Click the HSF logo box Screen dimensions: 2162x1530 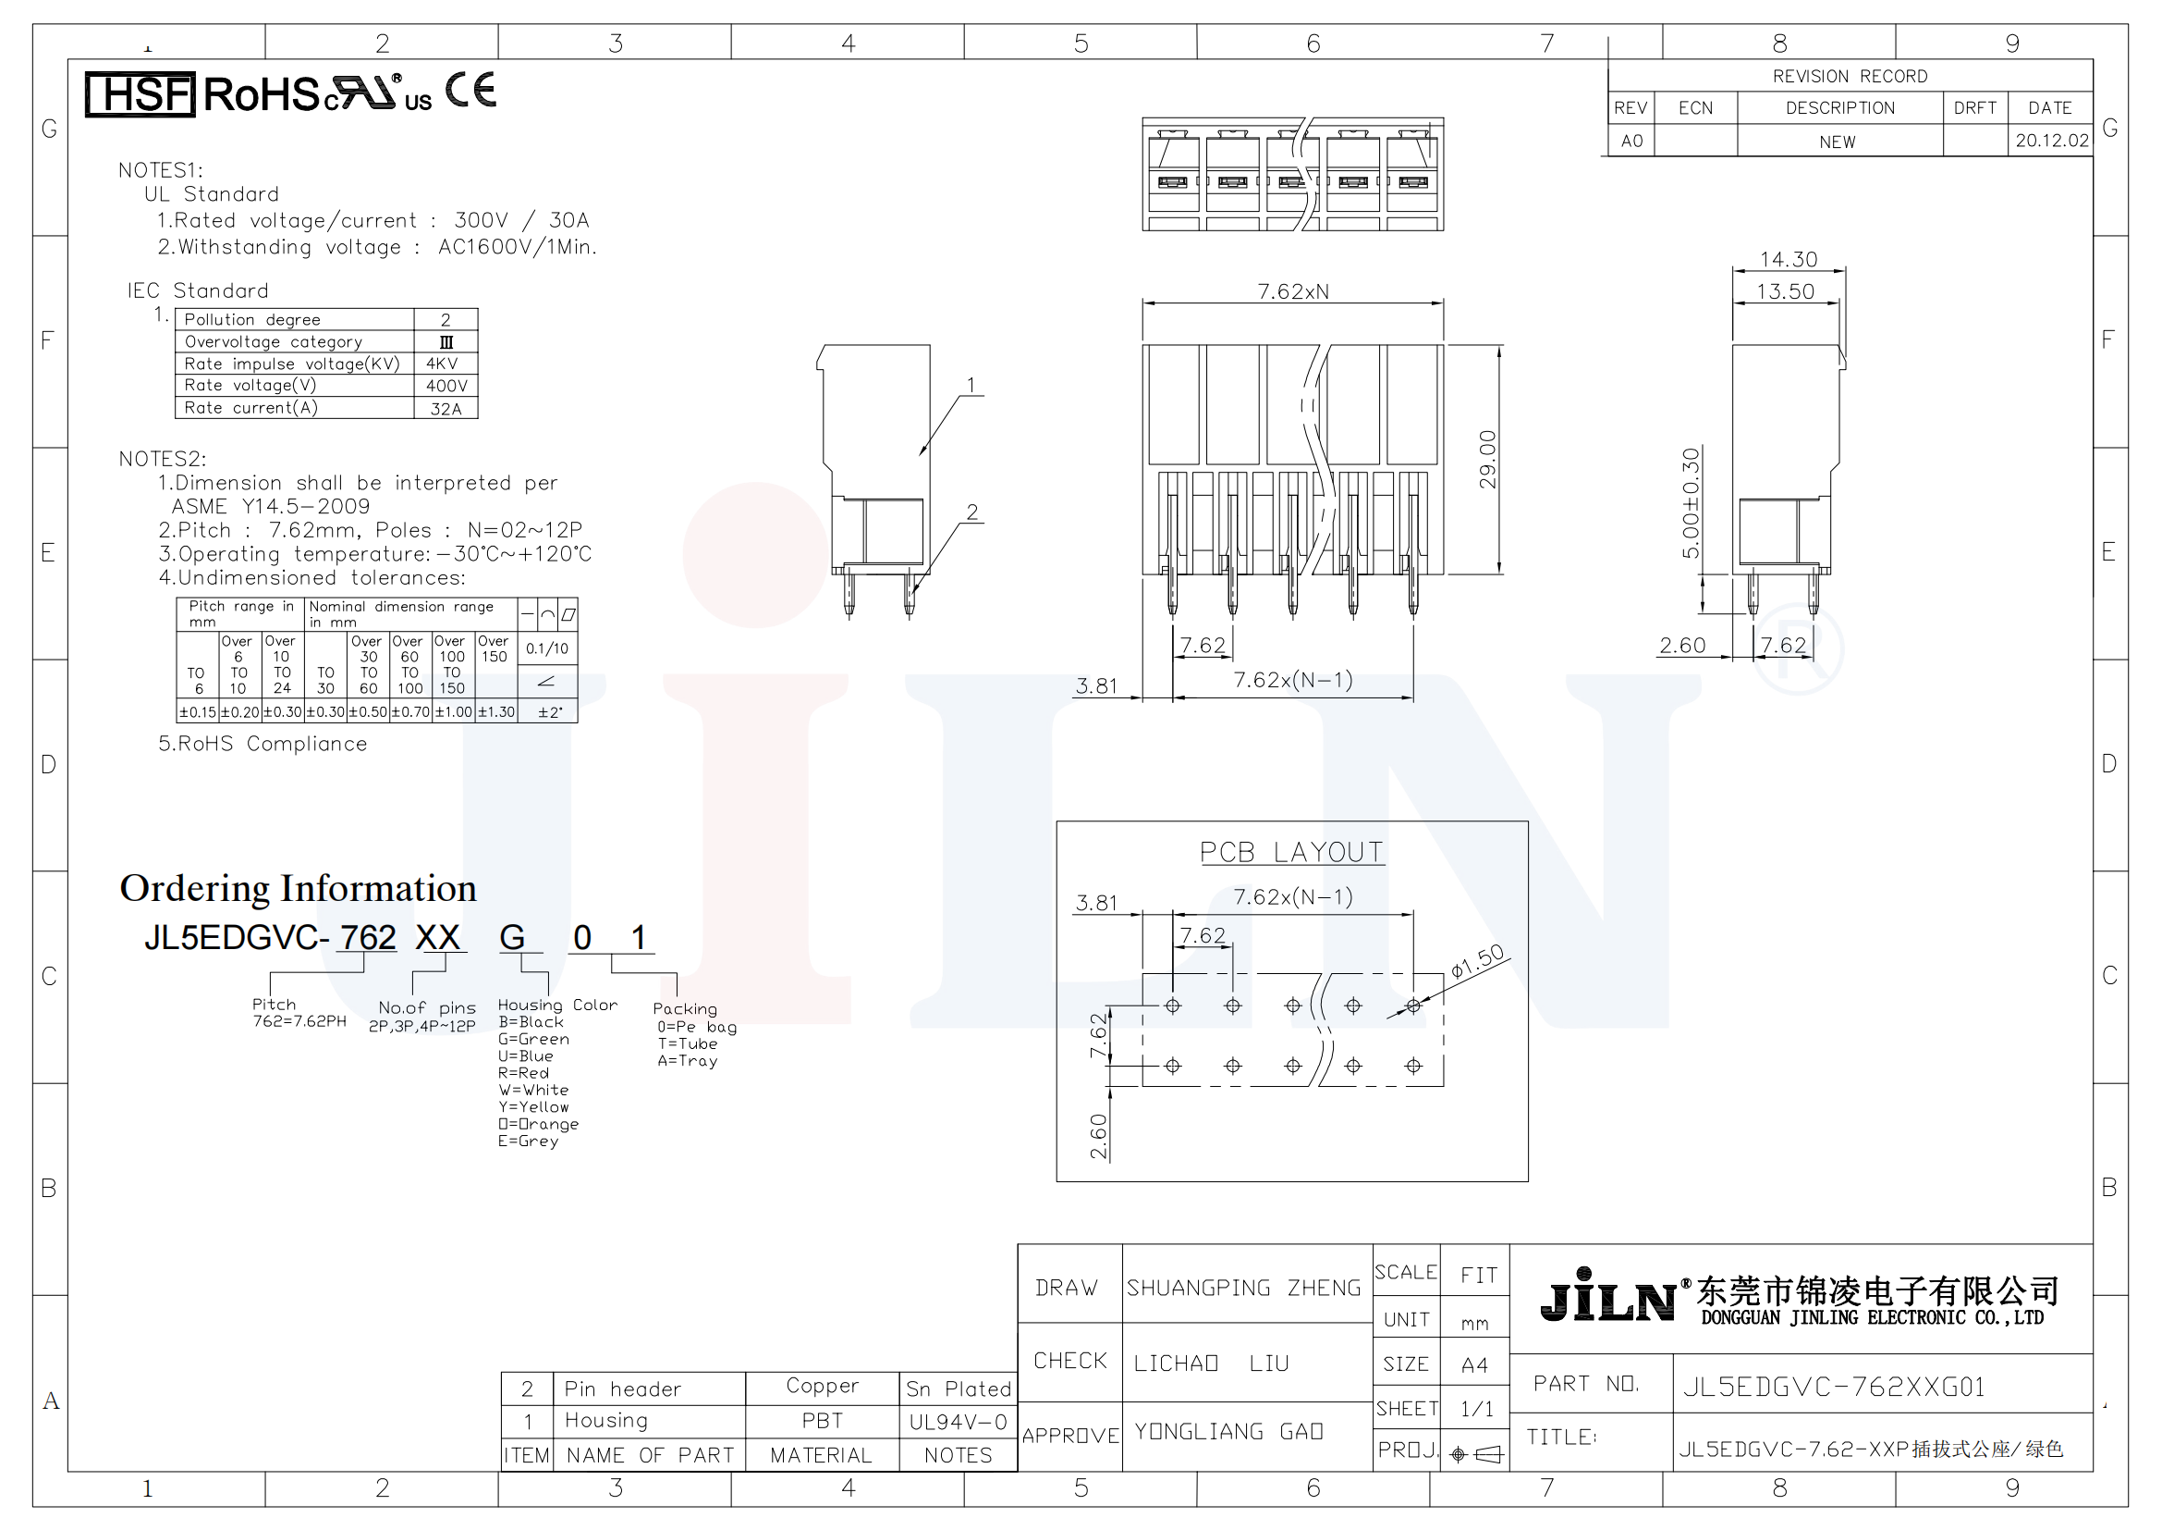140,94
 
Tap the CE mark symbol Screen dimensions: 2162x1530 470,91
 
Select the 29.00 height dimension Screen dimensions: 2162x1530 1487,460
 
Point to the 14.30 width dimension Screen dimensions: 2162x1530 1789,259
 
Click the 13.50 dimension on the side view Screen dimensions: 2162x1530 1786,291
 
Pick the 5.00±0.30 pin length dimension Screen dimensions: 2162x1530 1692,503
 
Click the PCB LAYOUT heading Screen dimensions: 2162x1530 1291,852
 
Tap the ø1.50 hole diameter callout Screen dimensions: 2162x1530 1477,962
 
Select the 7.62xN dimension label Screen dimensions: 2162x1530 1293,291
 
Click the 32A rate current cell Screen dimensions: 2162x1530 446,409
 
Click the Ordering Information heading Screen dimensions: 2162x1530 298,888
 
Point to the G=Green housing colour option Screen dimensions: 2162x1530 534,1039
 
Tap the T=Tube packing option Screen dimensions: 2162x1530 688,1043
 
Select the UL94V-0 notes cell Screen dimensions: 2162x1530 958,1422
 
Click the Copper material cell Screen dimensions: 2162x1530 822,1386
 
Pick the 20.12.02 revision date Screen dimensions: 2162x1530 2052,141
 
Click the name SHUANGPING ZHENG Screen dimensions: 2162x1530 1244,1288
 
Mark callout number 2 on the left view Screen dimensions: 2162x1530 972,512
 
